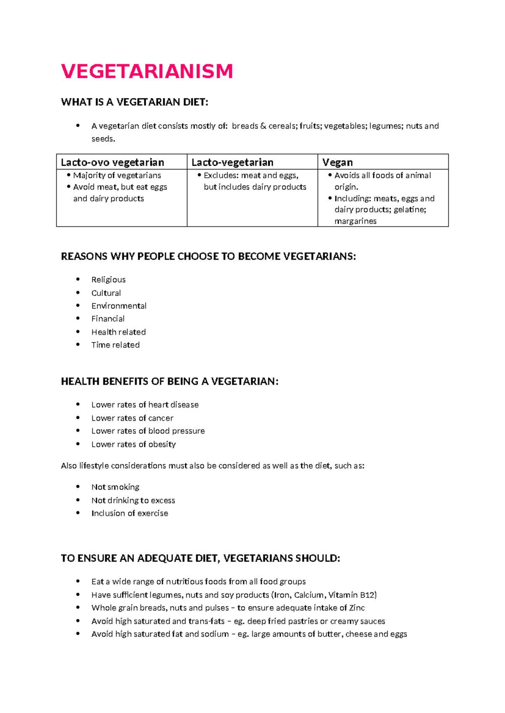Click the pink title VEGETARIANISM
click(147, 71)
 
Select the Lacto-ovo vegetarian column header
click(112, 162)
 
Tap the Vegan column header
click(338, 162)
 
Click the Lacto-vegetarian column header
click(232, 162)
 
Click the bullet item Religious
click(108, 280)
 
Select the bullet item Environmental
click(119, 306)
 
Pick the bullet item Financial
click(108, 319)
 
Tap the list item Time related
click(115, 345)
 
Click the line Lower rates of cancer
click(132, 418)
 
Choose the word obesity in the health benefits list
click(162, 444)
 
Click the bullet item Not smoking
click(115, 487)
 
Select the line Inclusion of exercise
click(130, 513)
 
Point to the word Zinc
click(357, 608)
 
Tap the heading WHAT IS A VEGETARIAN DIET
click(134, 102)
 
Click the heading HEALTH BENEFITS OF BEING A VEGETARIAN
click(170, 382)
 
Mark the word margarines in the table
click(355, 221)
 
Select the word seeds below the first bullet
click(102, 139)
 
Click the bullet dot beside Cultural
click(78, 293)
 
